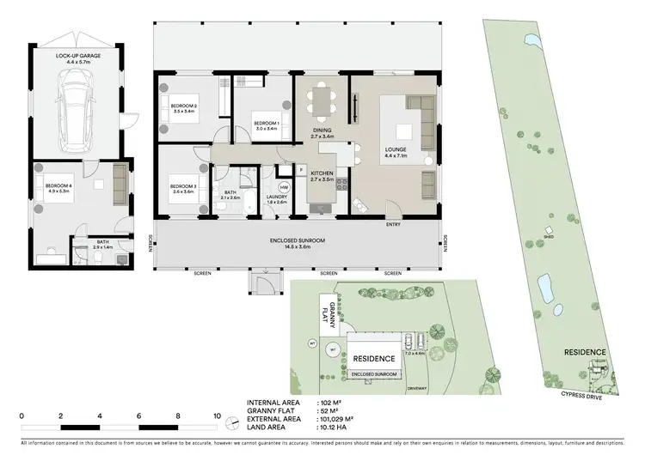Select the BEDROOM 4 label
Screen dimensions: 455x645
point(53,186)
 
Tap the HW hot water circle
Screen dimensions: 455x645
point(284,188)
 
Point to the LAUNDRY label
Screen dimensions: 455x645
point(276,198)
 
